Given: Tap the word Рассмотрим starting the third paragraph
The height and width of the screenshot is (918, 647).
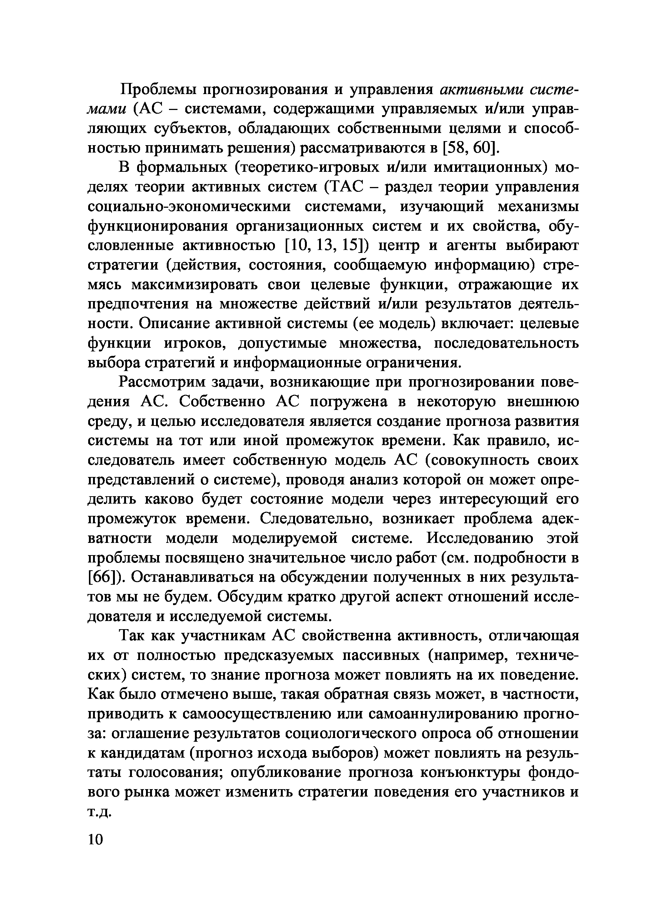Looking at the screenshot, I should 162,382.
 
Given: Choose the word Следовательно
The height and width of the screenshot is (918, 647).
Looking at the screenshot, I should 319,519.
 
